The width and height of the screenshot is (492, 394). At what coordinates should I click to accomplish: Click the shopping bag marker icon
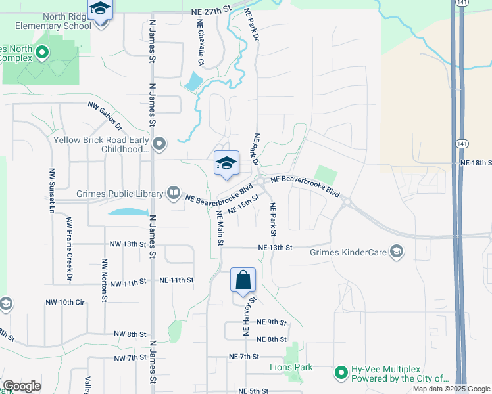[243, 279]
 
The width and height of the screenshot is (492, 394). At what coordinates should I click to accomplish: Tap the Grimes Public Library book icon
[173, 193]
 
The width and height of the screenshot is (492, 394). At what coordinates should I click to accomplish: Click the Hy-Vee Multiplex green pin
[341, 373]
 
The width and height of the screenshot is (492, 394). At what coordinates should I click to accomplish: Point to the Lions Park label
[291, 367]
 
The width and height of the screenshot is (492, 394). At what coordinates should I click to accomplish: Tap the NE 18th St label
[476, 162]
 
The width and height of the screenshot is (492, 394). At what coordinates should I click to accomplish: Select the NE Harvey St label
[249, 317]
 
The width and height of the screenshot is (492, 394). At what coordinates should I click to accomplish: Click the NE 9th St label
[271, 322]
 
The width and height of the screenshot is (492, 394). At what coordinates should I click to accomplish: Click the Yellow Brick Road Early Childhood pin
[159, 143]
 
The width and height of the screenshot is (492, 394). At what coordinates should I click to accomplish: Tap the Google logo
[22, 386]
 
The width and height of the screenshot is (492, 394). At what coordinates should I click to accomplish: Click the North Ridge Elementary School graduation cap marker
[101, 10]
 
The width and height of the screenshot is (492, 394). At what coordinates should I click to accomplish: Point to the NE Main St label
[220, 225]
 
